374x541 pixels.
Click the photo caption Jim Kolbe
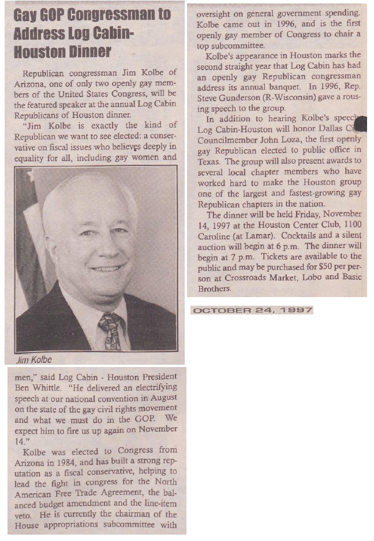tap(34, 360)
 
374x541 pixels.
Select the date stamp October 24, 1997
tap(252, 310)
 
